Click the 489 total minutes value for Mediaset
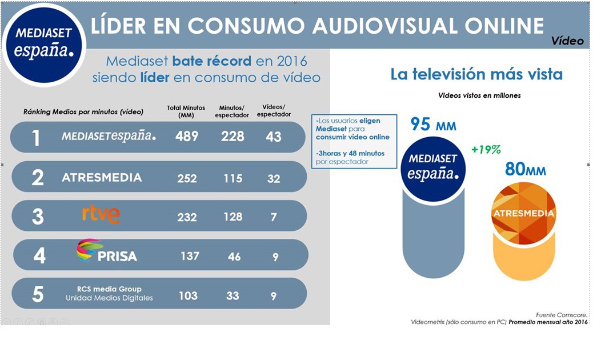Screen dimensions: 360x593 pyautogui.click(x=187, y=137)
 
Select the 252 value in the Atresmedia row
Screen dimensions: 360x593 pyautogui.click(x=187, y=178)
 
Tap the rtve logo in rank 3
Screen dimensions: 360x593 pyautogui.click(x=101, y=214)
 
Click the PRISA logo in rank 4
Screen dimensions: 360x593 pyautogui.click(x=107, y=251)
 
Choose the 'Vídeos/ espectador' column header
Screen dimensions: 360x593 pyautogui.click(x=274, y=110)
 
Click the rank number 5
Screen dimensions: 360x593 pyautogui.click(x=38, y=294)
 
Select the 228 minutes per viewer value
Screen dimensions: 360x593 pyautogui.click(x=233, y=137)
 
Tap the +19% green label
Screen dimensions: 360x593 pyautogui.click(x=486, y=150)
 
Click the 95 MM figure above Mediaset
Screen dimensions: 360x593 pyautogui.click(x=433, y=124)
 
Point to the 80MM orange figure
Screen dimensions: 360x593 pyautogui.click(x=525, y=169)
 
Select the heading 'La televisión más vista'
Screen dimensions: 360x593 pyautogui.click(x=476, y=74)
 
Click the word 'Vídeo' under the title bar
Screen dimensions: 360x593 pyautogui.click(x=567, y=41)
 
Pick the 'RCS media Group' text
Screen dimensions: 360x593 pyautogui.click(x=109, y=289)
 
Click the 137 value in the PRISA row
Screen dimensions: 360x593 pyautogui.click(x=190, y=256)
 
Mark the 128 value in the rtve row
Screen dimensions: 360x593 pyautogui.click(x=233, y=217)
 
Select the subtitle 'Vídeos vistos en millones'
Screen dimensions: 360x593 pyautogui.click(x=479, y=95)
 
